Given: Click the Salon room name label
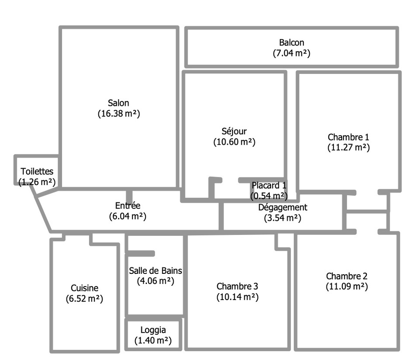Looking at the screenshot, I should [x=118, y=103].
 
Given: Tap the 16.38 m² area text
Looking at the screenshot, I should [x=118, y=114].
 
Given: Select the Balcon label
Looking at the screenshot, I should [x=292, y=43].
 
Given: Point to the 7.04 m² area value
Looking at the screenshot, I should [x=292, y=53].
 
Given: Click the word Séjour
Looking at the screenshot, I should [x=234, y=131].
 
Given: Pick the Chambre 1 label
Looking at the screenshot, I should [x=348, y=137].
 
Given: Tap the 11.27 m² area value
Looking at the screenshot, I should [x=348, y=147].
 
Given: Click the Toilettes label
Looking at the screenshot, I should [x=37, y=171].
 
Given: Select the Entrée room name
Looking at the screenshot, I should [x=128, y=206].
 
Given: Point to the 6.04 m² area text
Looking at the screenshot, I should [x=128, y=216].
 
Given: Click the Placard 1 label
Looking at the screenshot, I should [x=269, y=185].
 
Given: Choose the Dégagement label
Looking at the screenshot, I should [x=283, y=207].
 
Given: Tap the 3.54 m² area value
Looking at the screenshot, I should [x=283, y=217].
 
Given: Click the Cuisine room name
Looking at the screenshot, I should [x=84, y=288].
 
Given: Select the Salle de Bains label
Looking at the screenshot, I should [x=156, y=271].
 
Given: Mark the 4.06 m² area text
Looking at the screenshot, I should [x=156, y=281].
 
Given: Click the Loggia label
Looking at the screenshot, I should [x=153, y=330].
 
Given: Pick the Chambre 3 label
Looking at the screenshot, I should [x=237, y=287].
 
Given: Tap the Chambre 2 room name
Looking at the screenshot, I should [x=347, y=276].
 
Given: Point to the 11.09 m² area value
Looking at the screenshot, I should [x=347, y=287].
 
